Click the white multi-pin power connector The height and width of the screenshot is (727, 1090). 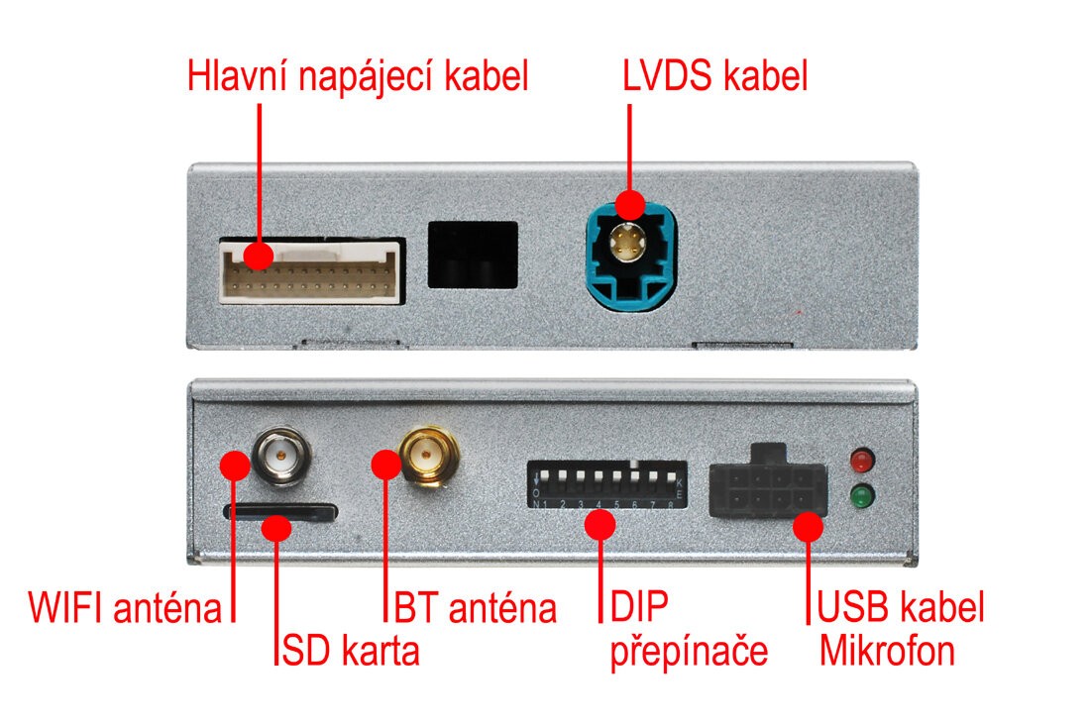click(x=310, y=269)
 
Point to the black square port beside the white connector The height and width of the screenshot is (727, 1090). click(x=473, y=254)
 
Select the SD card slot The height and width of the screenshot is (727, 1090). click(x=280, y=512)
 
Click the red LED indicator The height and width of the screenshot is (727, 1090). click(x=863, y=461)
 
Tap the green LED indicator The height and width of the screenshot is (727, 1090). click(x=863, y=495)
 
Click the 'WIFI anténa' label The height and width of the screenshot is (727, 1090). click(x=126, y=607)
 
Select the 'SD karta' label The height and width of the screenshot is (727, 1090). click(x=350, y=652)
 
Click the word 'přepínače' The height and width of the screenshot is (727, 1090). click(x=689, y=652)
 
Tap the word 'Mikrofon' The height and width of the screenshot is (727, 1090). click(x=887, y=652)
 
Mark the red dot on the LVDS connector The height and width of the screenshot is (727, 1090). click(x=629, y=205)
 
